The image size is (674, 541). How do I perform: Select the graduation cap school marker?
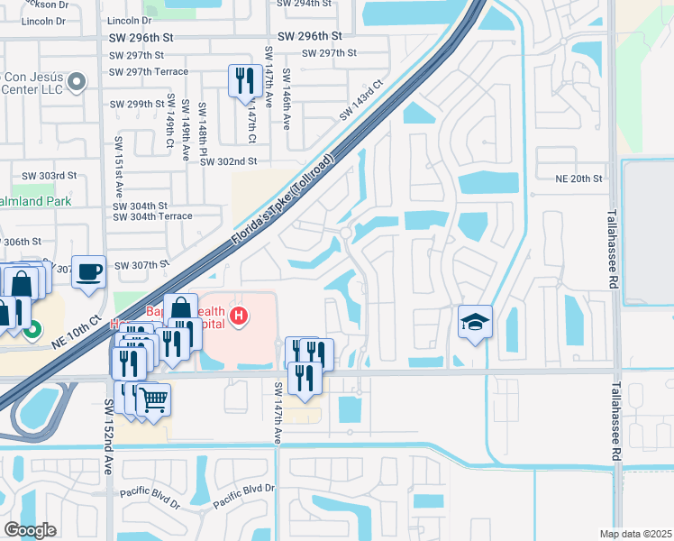point(474,323)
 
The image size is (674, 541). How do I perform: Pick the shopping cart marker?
point(154,399)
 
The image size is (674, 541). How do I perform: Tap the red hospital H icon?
point(239,316)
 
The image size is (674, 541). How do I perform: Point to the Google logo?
point(30,530)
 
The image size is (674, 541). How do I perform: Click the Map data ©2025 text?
point(635,534)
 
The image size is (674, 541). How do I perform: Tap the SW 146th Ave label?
point(287,98)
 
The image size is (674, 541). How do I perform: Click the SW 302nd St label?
point(229,161)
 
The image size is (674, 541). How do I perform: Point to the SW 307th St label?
point(142,264)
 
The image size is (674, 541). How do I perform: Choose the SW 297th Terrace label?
point(149,71)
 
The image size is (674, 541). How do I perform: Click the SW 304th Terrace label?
point(152,216)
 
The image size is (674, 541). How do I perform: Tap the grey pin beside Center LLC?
point(77,83)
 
